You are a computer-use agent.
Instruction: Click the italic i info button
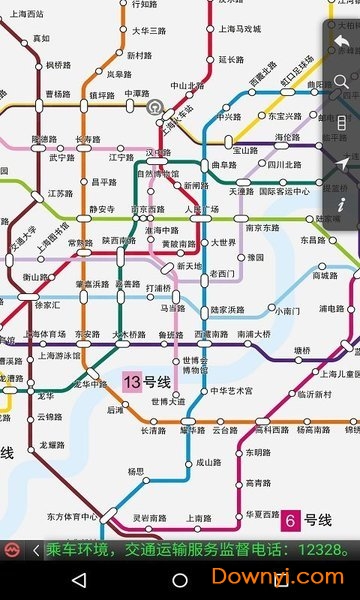pos(342,204)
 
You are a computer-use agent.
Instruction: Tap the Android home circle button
pos(180,580)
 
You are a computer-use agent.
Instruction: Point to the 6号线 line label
pos(305,520)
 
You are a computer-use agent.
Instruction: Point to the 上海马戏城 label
pos(240,30)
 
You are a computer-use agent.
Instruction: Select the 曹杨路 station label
pos(57,94)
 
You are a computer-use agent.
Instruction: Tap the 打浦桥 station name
pos(159,288)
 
